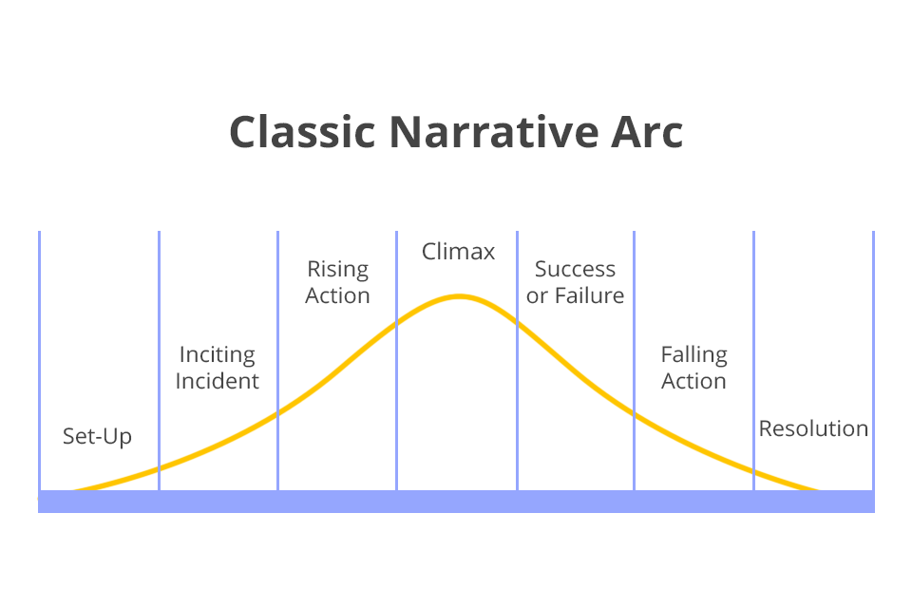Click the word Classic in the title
pos(302,132)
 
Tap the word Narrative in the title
pos(494,132)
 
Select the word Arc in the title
pos(647,132)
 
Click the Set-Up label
pos(97,436)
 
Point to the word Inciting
pos(217,355)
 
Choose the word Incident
pos(217,381)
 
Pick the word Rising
pos(337,270)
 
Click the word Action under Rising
pos(337,295)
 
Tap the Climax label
pos(458,252)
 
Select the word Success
pos(575,270)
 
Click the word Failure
pos(590,295)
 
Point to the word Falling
pos(693,355)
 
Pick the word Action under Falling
pos(693,381)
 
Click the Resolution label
pos(813,428)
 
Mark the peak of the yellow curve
pos(459,296)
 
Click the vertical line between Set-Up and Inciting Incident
pos(159,361)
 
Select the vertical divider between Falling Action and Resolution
pos(753,361)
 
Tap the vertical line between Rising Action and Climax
pos(397,361)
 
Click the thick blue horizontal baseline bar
pos(456,502)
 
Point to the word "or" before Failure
pos(537,296)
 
